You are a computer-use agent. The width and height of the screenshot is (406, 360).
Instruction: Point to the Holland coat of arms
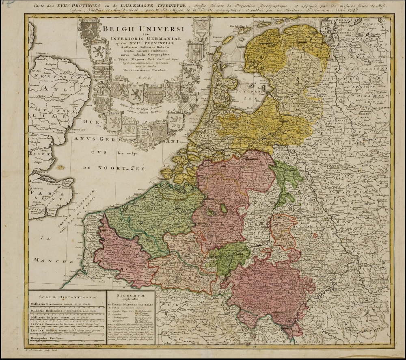(114, 121)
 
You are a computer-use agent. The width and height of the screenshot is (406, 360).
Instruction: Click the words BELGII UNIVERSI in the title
(143, 29)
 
